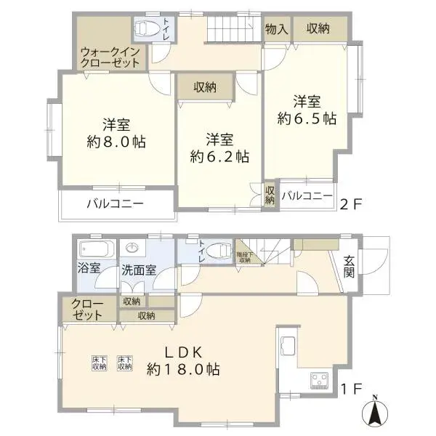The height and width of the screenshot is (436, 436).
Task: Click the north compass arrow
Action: [x=375, y=414]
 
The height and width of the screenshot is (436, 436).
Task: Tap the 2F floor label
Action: [x=351, y=204]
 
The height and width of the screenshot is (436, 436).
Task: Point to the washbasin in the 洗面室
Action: [x=131, y=247]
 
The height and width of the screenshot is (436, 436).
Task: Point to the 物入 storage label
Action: [x=277, y=29]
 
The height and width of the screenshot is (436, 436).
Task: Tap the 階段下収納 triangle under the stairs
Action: [x=242, y=254]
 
